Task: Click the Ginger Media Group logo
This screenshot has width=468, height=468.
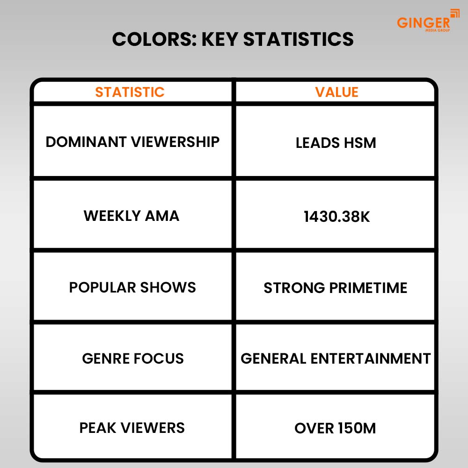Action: (428, 20)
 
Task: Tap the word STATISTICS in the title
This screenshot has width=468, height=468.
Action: (299, 39)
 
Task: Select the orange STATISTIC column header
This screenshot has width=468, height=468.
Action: (130, 92)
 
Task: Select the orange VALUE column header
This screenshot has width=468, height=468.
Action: (336, 92)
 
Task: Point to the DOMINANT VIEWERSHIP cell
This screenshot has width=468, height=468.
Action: (132, 142)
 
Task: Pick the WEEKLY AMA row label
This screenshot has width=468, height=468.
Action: (132, 216)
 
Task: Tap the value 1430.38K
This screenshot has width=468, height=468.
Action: (336, 216)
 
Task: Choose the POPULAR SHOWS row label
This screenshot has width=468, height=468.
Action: (132, 287)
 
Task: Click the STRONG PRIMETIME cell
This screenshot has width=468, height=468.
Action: (336, 288)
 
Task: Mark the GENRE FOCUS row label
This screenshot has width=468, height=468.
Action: (133, 358)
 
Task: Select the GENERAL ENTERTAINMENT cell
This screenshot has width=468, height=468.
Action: (336, 358)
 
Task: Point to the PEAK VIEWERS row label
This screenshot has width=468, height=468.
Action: (132, 428)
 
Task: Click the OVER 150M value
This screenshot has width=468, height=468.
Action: (335, 428)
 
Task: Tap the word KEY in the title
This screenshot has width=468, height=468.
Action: (220, 39)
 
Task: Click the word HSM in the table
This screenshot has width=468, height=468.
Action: (360, 143)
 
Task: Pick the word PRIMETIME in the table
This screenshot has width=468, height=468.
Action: (368, 288)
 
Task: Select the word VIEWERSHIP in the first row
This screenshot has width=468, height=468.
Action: (175, 142)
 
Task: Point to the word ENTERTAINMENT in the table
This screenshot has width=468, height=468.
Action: (371, 358)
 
